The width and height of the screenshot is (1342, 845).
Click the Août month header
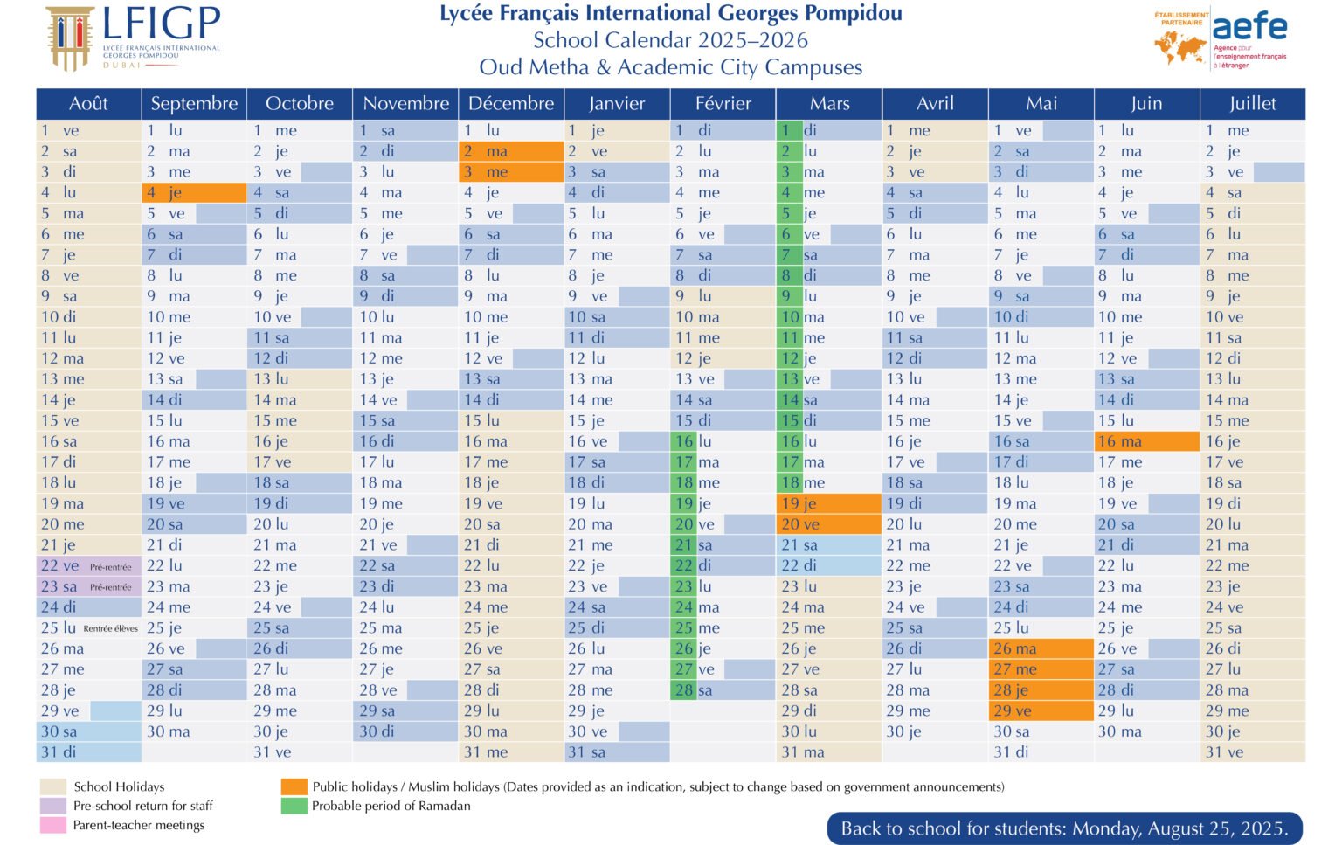[88, 104]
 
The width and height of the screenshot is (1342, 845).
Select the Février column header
[723, 104]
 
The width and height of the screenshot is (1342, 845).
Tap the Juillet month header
[1252, 104]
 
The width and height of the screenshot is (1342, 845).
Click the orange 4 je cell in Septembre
[194, 193]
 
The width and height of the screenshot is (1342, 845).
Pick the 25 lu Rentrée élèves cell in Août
[88, 628]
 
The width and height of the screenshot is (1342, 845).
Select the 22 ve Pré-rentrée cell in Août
[88, 566]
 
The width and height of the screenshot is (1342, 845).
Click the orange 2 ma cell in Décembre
[511, 151]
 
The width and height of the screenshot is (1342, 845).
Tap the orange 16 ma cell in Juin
[1146, 442]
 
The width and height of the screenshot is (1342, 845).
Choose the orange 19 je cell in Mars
[828, 504]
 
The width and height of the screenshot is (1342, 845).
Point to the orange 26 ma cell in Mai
[1041, 649]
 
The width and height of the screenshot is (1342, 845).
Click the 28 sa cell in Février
[723, 690]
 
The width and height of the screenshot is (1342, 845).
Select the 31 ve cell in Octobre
[300, 752]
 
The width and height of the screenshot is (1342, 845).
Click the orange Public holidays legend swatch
[294, 787]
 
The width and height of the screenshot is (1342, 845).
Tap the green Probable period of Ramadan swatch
[294, 806]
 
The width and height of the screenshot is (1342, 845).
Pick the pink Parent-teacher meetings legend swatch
[53, 825]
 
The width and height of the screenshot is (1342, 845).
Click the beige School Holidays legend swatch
[53, 787]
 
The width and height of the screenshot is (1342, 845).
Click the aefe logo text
[1249, 26]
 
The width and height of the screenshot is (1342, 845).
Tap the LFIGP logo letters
[162, 24]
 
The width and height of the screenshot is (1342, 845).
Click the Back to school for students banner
[1063, 828]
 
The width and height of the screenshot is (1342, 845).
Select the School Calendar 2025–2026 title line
[670, 40]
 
